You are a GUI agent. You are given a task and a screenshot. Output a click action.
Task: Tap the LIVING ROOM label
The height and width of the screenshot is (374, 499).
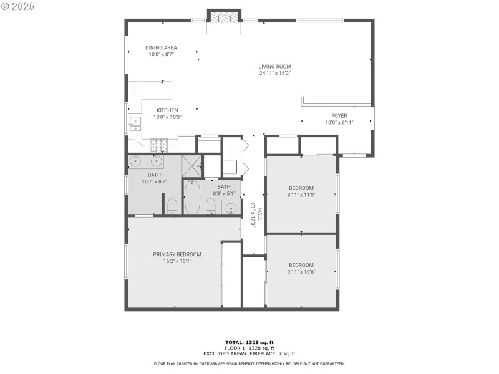click(x=275, y=67)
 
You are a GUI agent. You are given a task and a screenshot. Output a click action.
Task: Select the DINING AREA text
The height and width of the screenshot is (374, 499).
click(x=162, y=48)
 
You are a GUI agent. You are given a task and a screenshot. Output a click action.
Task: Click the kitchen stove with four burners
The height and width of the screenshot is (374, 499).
click(x=159, y=145)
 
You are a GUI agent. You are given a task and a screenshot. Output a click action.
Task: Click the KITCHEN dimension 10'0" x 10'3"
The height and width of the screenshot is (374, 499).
click(x=167, y=117)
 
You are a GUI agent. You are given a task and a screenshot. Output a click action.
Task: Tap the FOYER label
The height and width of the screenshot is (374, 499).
click(x=339, y=116)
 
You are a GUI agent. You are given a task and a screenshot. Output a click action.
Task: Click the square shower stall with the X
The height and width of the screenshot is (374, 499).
click(x=191, y=166)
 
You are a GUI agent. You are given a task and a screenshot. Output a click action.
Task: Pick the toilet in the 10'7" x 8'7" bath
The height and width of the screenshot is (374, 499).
click(x=173, y=206)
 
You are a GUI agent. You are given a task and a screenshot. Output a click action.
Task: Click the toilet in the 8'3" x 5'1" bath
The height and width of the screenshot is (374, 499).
click(x=211, y=208)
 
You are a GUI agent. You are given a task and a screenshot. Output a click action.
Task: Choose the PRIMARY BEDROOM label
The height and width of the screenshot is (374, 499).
click(x=177, y=254)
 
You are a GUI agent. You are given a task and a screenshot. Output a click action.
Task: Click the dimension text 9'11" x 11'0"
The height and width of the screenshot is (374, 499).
click(x=301, y=194)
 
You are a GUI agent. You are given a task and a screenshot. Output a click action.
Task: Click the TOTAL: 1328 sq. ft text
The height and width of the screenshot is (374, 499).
click(x=249, y=342)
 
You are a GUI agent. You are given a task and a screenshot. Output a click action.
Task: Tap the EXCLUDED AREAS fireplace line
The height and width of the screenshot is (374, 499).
click(x=249, y=353)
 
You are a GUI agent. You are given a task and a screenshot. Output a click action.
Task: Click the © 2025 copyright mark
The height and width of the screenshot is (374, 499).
click(x=18, y=6)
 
